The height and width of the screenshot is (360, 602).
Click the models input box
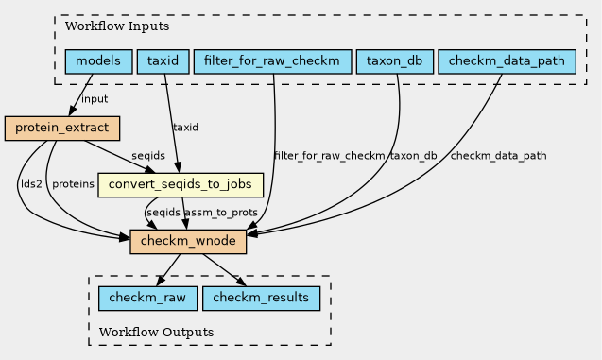(98, 61)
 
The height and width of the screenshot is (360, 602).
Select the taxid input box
(163, 61)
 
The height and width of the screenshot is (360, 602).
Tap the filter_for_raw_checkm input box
(272, 61)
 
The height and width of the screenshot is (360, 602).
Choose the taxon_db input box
(395, 61)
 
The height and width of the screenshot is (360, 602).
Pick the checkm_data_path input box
(507, 61)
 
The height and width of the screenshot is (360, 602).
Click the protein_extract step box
(62, 129)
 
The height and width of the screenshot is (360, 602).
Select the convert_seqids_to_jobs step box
(181, 185)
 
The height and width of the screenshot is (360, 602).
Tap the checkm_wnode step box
(188, 241)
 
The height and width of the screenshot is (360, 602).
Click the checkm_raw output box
(147, 299)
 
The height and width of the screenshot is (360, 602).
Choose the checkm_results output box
(261, 299)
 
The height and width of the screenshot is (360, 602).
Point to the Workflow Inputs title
(117, 26)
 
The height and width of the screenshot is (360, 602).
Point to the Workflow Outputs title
(156, 332)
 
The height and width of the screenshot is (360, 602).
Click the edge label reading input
(95, 99)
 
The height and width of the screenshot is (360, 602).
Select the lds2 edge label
(31, 184)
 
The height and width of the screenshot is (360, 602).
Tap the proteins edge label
(73, 184)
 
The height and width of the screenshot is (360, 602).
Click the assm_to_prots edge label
(221, 213)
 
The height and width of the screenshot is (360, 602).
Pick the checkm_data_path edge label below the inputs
(498, 156)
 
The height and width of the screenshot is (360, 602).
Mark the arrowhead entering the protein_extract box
(73, 111)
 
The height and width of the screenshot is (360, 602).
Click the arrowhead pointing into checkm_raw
(162, 282)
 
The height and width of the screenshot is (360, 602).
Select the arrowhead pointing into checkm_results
(241, 282)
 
